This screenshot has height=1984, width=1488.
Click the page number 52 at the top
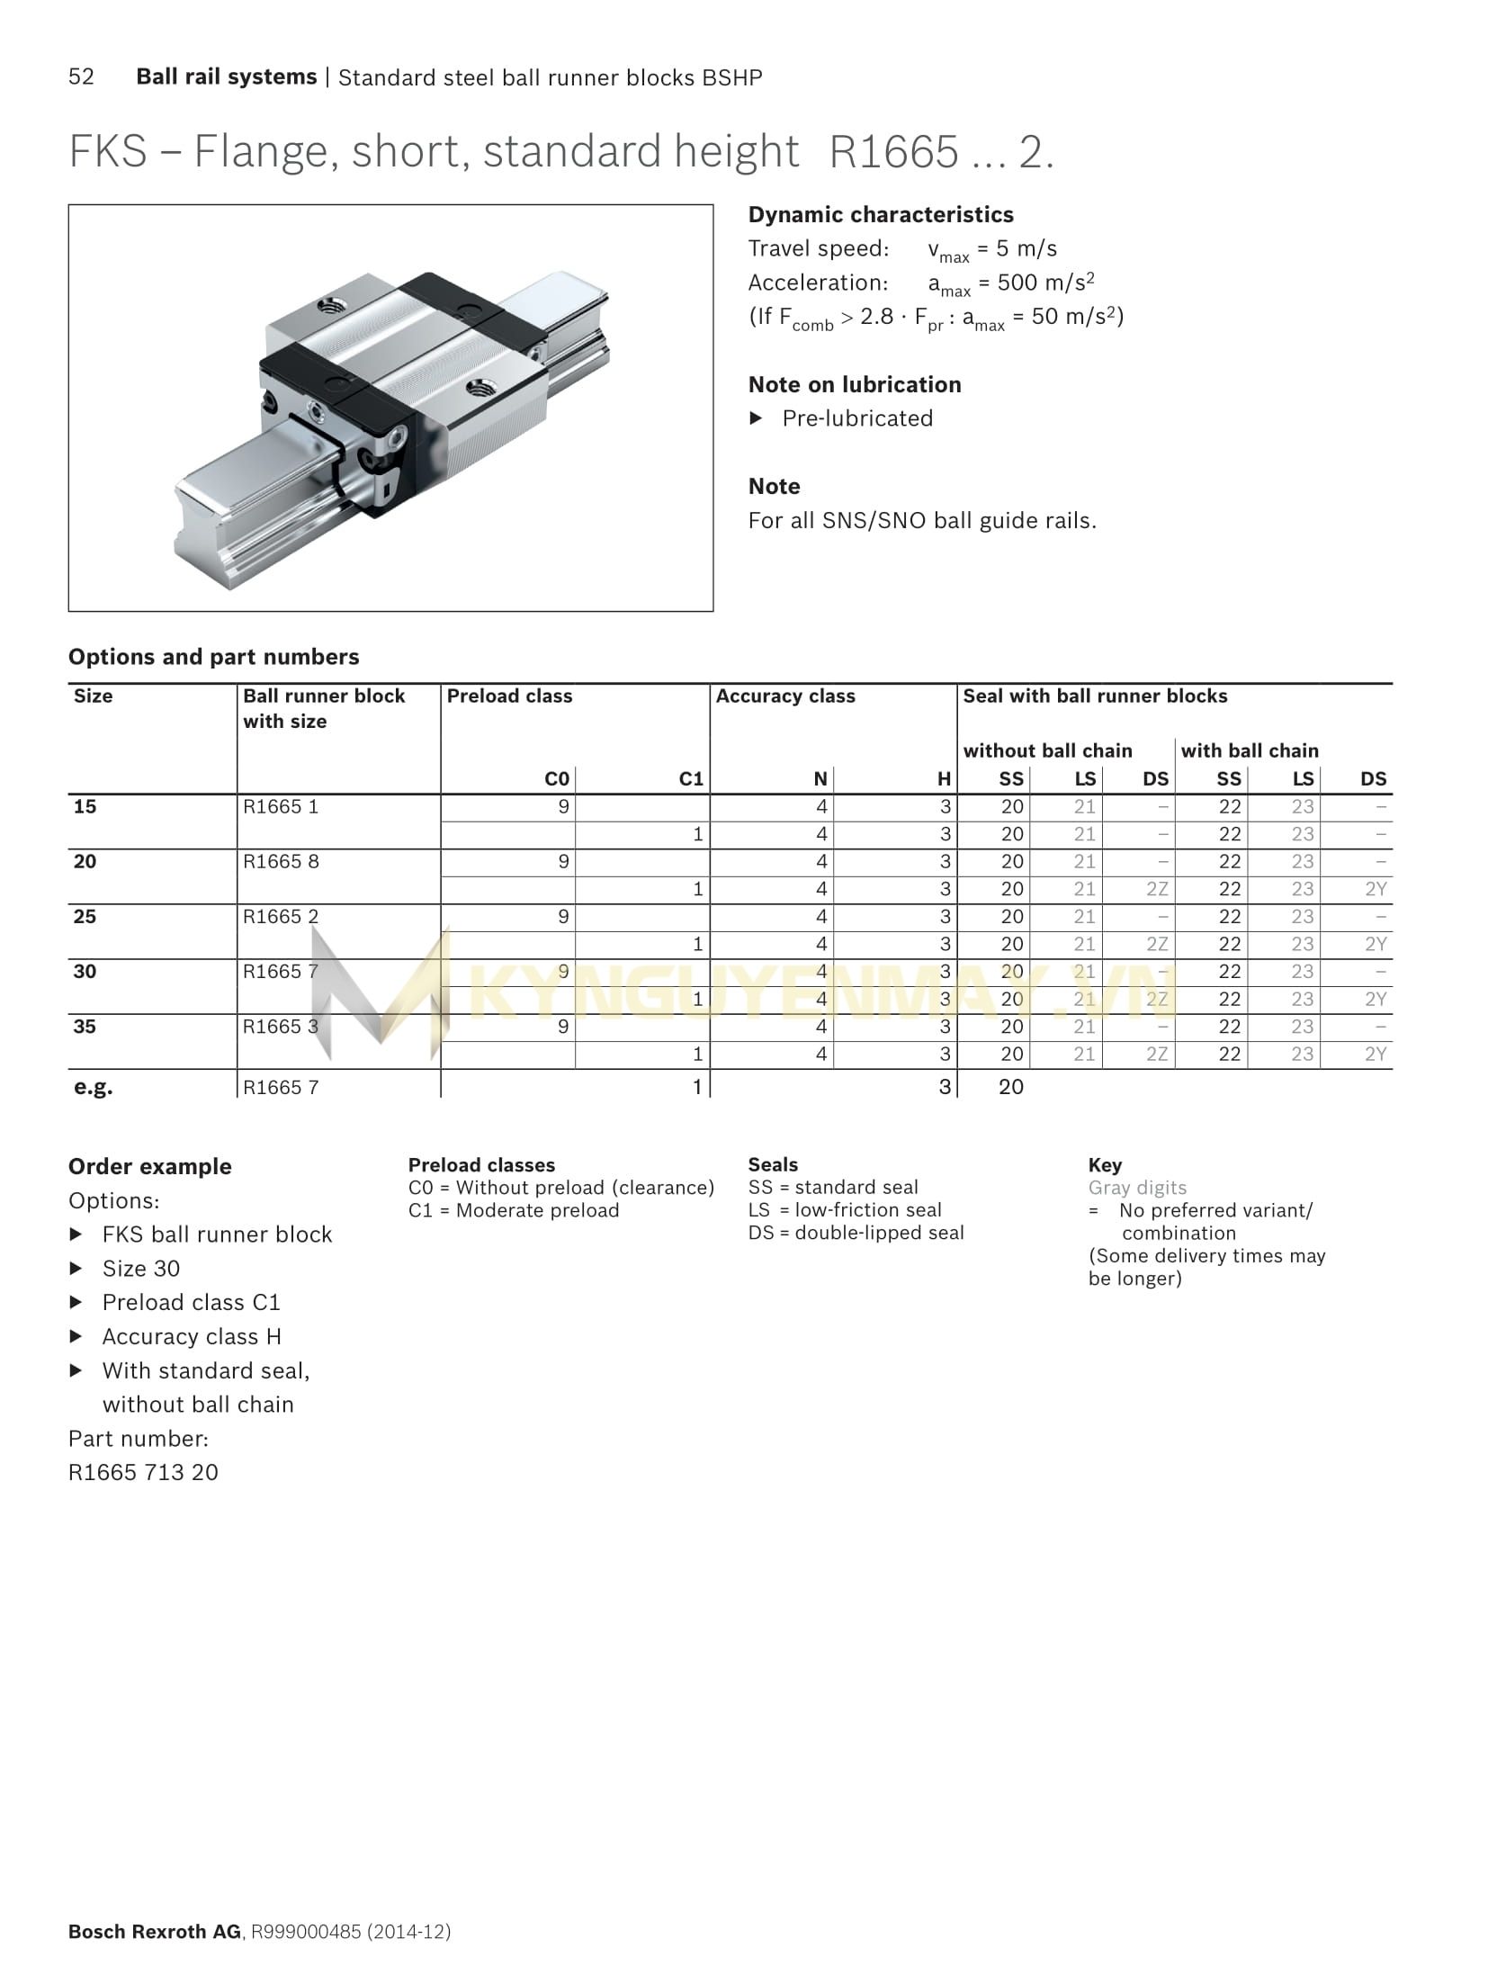81,76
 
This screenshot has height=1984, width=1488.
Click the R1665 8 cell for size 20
281,861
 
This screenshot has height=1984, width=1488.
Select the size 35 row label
85,1026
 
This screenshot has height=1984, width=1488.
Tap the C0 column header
557,778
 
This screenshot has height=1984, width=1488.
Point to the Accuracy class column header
785,696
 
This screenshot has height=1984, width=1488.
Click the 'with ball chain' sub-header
1249,750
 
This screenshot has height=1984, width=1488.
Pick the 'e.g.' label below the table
93,1086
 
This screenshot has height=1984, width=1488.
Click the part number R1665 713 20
143,1472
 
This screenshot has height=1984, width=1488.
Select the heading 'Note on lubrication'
854,384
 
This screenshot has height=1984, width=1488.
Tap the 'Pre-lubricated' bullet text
856,418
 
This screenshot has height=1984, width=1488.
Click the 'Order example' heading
149,1166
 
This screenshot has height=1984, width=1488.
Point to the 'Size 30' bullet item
140,1268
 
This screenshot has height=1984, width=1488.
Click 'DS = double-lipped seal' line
856,1233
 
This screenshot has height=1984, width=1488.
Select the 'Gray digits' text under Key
1137,1188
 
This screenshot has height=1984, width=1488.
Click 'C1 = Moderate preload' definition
513,1210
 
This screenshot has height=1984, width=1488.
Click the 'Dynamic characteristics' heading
880,214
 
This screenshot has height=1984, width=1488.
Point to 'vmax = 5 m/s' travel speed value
991,249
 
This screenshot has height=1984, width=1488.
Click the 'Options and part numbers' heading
213,657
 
